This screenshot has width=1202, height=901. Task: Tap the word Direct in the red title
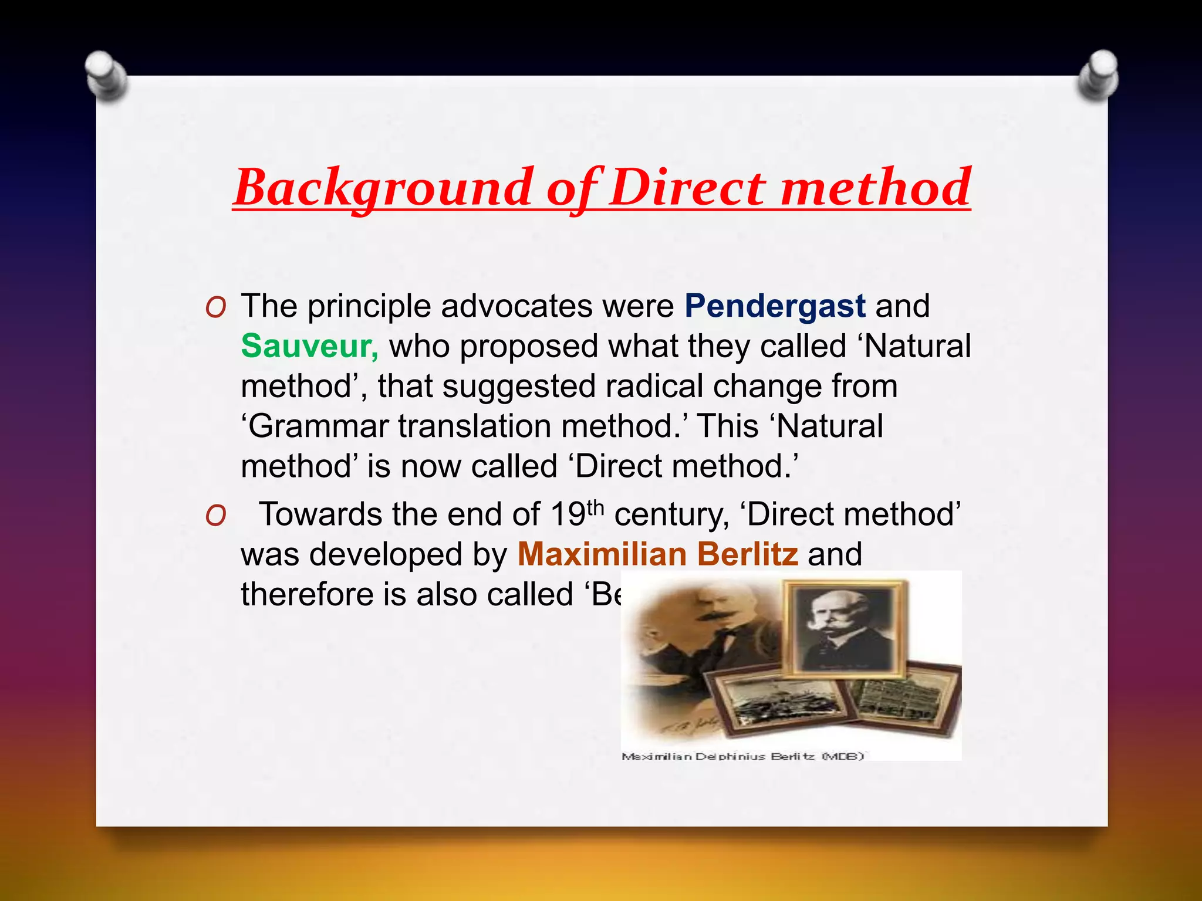[x=687, y=188]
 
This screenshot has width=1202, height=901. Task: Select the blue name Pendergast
[x=775, y=306]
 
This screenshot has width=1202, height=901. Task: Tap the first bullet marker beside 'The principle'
[x=216, y=307]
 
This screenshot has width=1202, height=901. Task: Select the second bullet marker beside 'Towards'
[x=216, y=516]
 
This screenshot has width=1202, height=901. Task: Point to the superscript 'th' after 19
[x=595, y=507]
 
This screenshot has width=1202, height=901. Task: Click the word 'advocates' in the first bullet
[x=516, y=306]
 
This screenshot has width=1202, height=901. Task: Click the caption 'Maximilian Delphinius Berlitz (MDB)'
[x=742, y=757]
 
